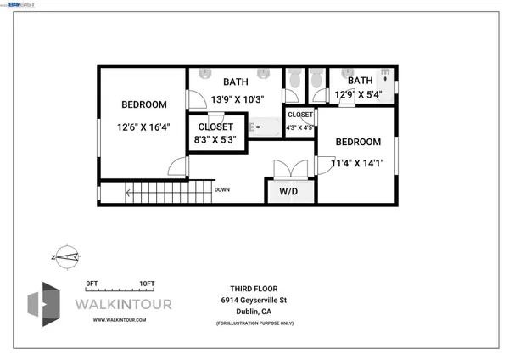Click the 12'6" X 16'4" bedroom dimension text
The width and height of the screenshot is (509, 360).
pyautogui.click(x=143, y=128)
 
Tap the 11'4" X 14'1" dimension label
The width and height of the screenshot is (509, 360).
pyautogui.click(x=357, y=163)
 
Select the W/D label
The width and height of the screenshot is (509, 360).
pyautogui.click(x=289, y=192)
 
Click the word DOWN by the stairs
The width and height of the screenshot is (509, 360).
pyautogui.click(x=222, y=190)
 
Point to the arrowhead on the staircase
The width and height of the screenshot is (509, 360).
pyautogui.click(x=128, y=193)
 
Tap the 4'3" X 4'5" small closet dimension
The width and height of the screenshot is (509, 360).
pyautogui.click(x=299, y=128)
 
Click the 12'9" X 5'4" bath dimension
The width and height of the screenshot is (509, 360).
pyautogui.click(x=358, y=95)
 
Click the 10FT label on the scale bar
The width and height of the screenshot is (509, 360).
pyautogui.click(x=146, y=284)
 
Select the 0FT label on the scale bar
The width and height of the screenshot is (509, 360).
pyautogui.click(x=92, y=284)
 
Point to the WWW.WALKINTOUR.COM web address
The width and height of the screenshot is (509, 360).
pyautogui.click(x=120, y=320)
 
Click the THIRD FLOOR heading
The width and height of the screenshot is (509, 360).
pyautogui.click(x=243, y=288)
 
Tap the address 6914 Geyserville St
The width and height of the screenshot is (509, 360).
pyautogui.click(x=255, y=300)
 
